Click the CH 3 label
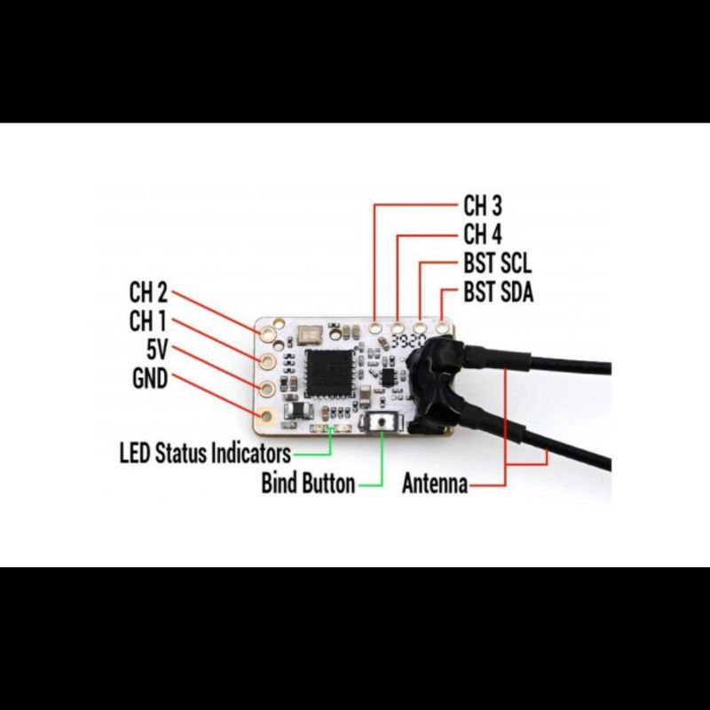[x=483, y=206]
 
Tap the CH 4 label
[x=483, y=234]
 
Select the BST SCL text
[x=497, y=263]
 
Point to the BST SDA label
[x=498, y=292]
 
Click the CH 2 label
[x=148, y=292]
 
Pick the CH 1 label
[x=147, y=321]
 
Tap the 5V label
[x=157, y=350]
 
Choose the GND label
[x=150, y=379]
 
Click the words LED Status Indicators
[x=205, y=453]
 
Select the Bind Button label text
[x=308, y=483]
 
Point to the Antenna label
[x=435, y=483]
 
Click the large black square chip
[x=329, y=373]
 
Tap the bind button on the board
[x=382, y=422]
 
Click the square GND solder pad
[x=267, y=415]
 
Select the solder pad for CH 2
[x=268, y=335]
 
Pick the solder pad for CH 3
[x=375, y=327]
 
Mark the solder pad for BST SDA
[x=441, y=327]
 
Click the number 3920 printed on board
[x=409, y=341]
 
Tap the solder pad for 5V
[x=267, y=388]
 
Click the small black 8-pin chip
[x=388, y=377]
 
